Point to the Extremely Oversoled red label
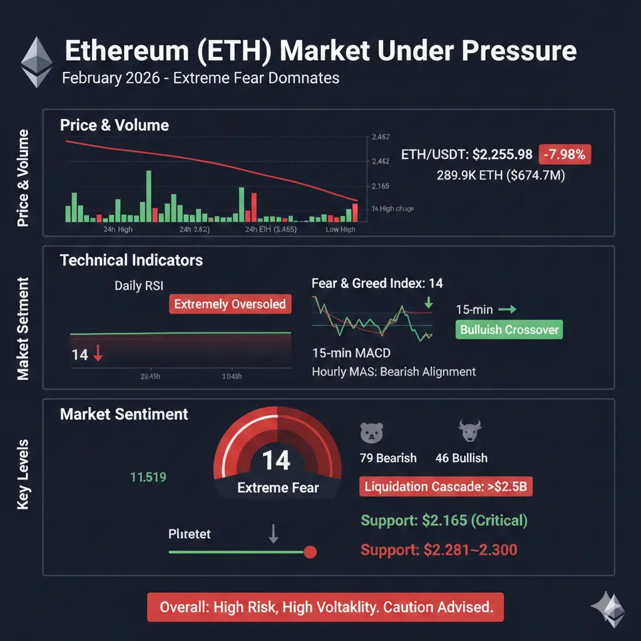(230, 305)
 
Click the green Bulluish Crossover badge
(509, 330)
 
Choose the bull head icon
(468, 431)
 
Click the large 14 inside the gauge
(276, 460)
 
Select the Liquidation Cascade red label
(446, 487)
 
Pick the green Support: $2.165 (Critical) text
(444, 520)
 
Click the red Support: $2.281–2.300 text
(439, 550)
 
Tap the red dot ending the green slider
(309, 552)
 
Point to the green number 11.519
(148, 478)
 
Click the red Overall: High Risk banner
(325, 607)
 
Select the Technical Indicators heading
(131, 260)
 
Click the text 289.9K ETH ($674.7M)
(500, 176)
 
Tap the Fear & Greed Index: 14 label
(377, 284)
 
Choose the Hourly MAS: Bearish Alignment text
(394, 372)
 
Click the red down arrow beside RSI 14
(98, 356)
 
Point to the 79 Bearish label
(388, 458)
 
